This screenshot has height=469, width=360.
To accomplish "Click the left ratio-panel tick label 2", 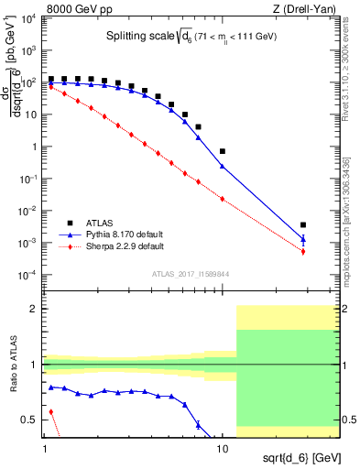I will point(35,310).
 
